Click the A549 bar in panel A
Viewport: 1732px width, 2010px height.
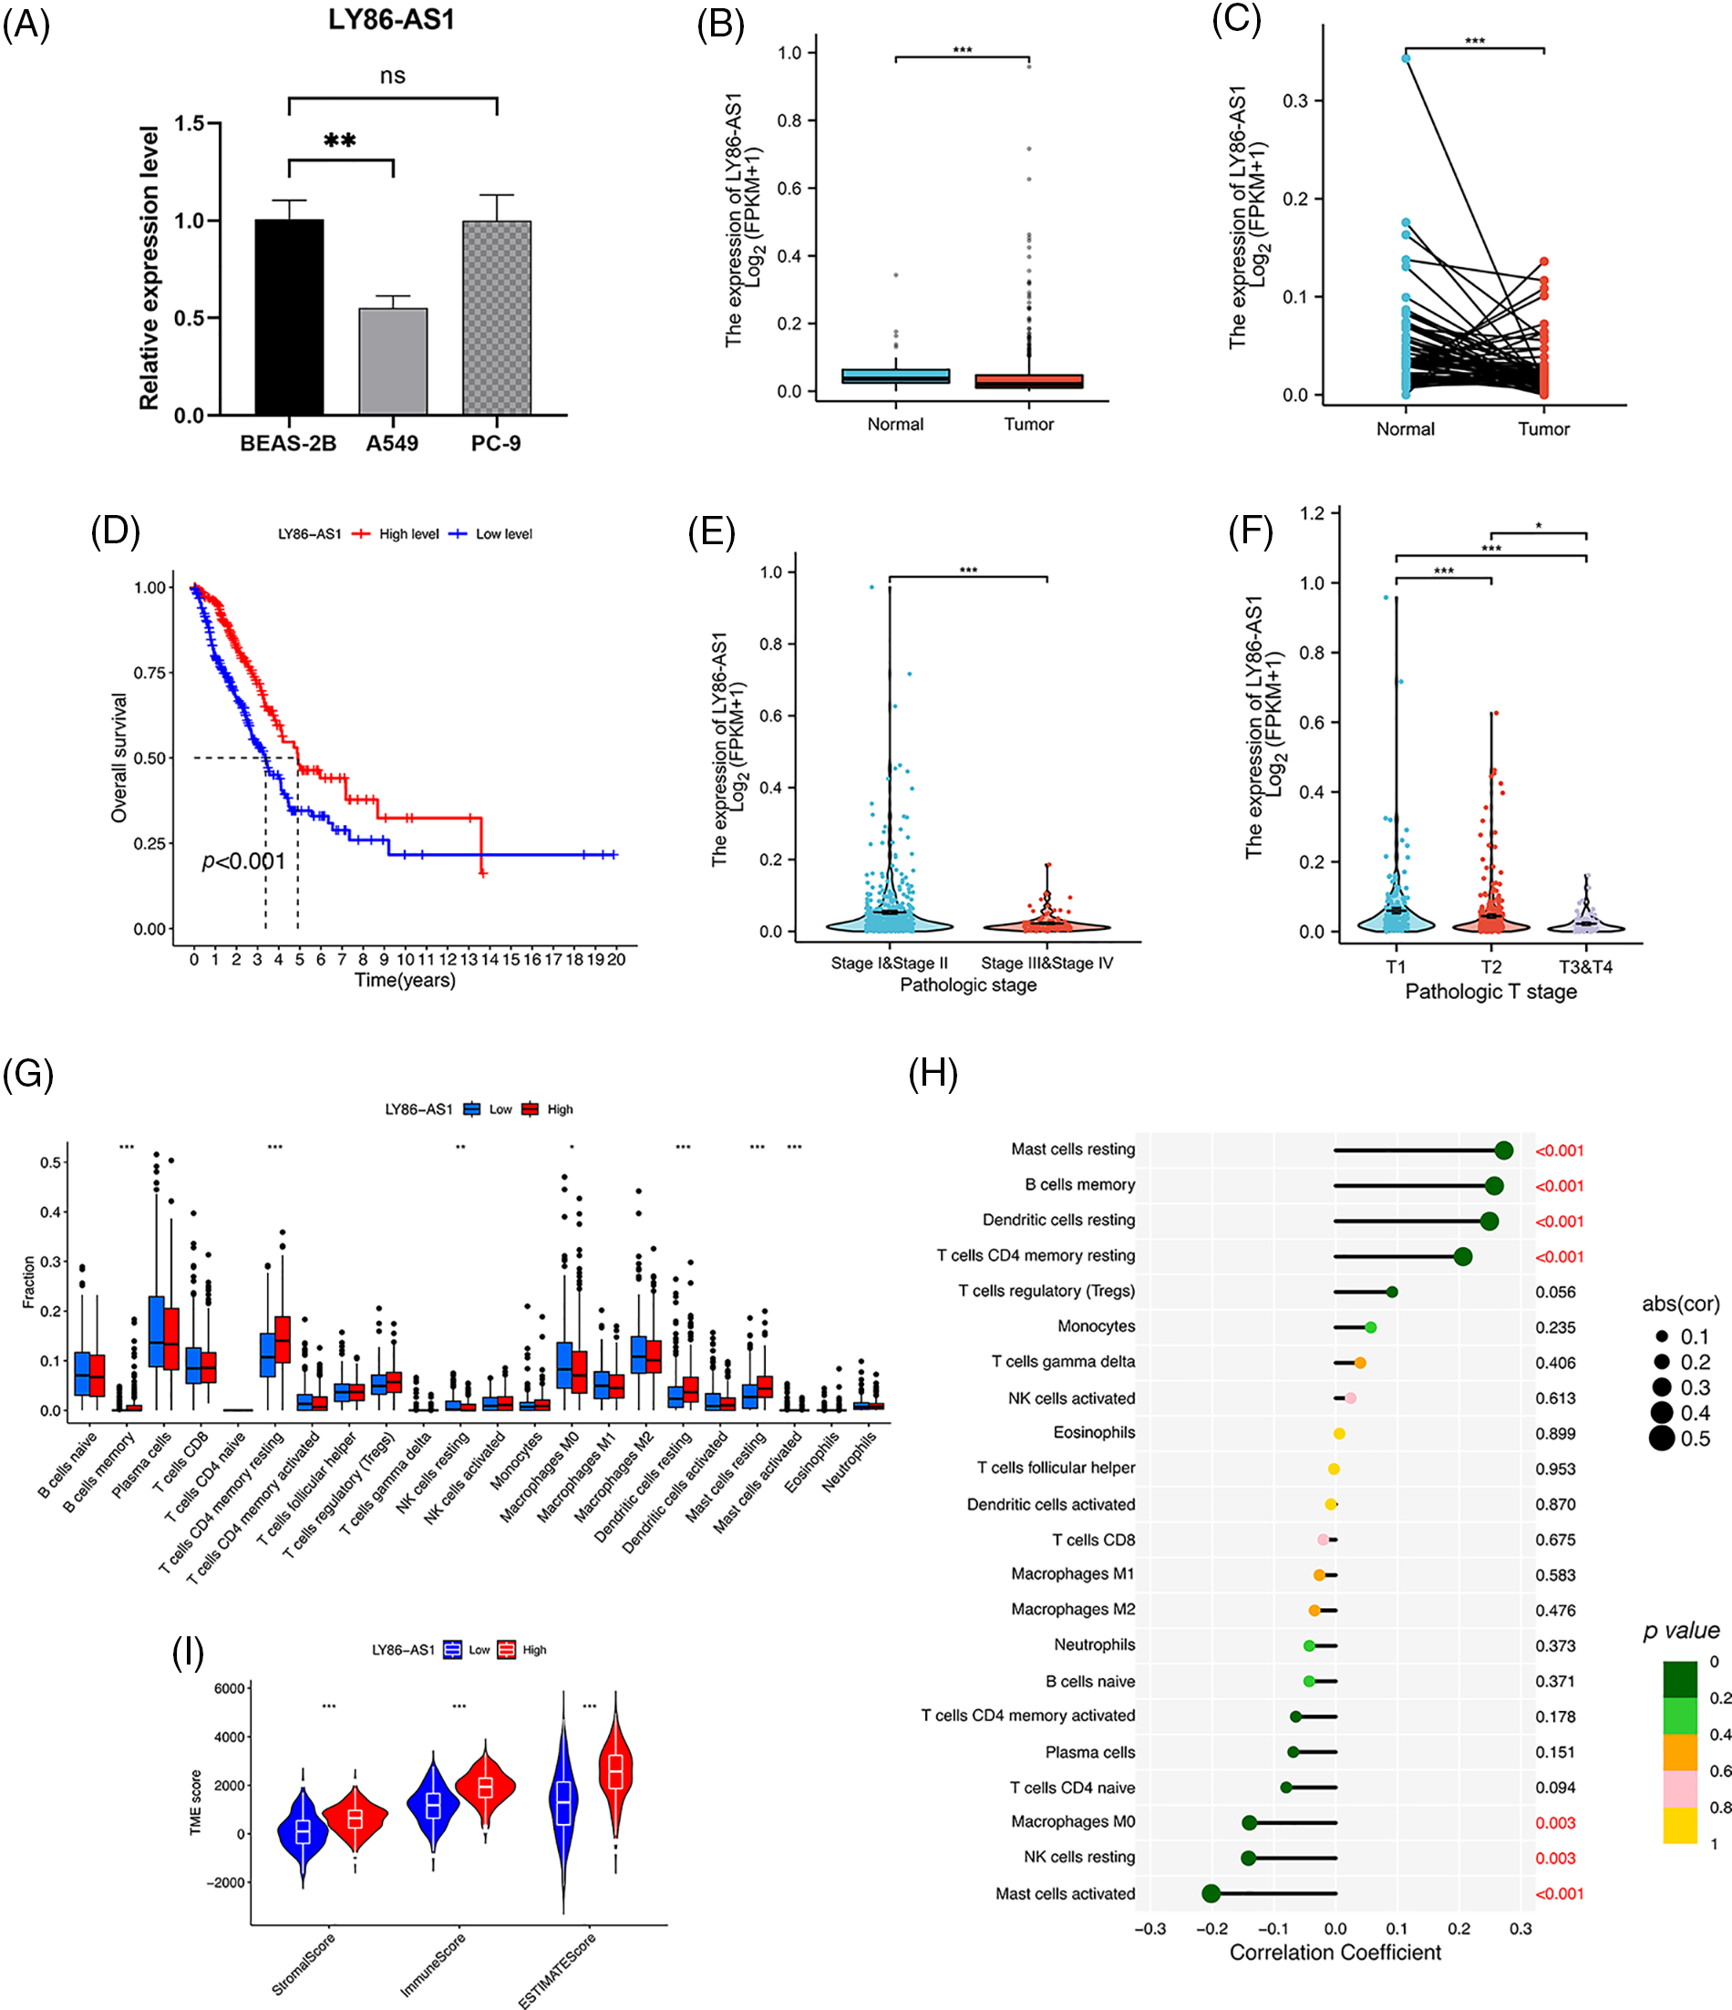[393, 361]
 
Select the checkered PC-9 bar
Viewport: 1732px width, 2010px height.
[497, 317]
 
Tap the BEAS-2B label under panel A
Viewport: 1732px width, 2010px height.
[288, 443]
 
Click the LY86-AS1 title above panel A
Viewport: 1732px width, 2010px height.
[391, 20]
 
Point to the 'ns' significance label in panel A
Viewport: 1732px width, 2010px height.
[392, 76]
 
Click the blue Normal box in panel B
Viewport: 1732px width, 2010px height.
[895, 376]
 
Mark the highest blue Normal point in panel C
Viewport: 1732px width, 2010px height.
[1406, 58]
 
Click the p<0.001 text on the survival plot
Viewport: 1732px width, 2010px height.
[243, 861]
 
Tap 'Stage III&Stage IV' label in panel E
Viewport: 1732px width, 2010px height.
[1047, 964]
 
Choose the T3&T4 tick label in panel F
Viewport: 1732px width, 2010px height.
[1585, 967]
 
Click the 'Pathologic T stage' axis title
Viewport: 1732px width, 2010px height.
[1490, 992]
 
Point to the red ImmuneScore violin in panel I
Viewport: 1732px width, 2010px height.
[485, 1786]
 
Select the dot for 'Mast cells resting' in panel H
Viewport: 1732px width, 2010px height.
[1504, 1150]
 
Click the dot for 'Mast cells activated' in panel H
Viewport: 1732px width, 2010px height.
[1211, 1893]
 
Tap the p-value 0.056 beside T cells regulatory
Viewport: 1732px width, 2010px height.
[1555, 1293]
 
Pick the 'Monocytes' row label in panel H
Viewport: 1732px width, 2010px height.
[1096, 1326]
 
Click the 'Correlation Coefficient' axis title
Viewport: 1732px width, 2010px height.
[1335, 1952]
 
